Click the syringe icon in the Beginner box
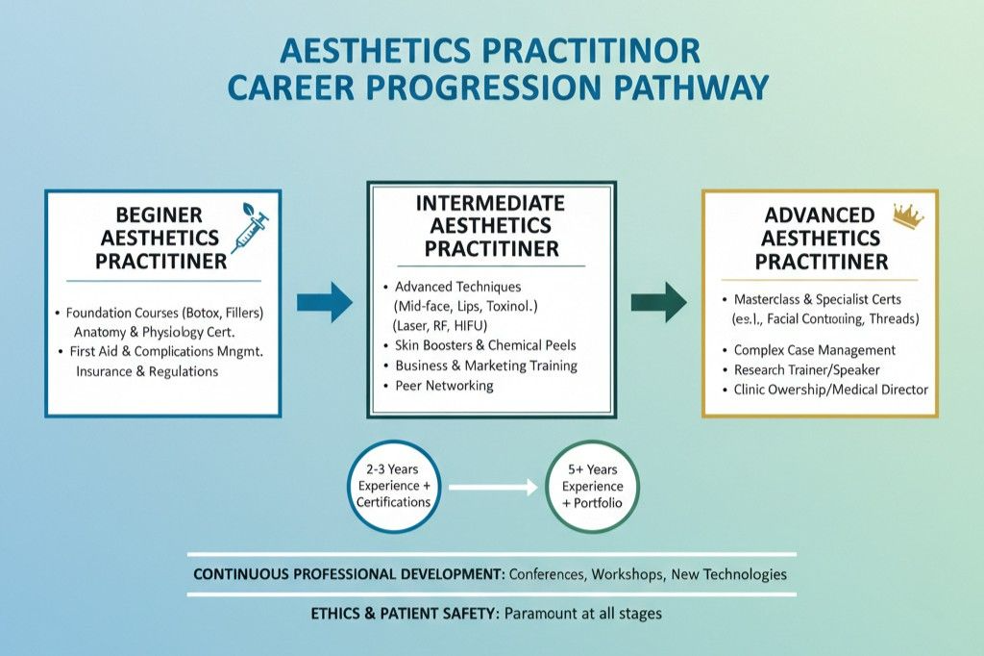point(250,227)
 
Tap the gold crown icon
point(908,215)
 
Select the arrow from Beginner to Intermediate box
point(325,302)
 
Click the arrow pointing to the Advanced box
point(658,302)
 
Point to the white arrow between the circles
point(493,487)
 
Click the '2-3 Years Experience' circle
point(393,486)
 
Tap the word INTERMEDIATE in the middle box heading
point(490,203)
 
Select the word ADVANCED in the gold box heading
point(819,214)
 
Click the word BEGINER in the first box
point(159,214)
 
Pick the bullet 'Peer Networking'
point(444,385)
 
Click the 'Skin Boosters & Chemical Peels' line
point(485,345)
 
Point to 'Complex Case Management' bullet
point(815,350)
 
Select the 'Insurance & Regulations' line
point(147,371)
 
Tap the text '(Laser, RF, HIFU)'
point(440,325)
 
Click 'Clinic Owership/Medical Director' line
point(831,390)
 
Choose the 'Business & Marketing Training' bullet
point(485,366)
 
